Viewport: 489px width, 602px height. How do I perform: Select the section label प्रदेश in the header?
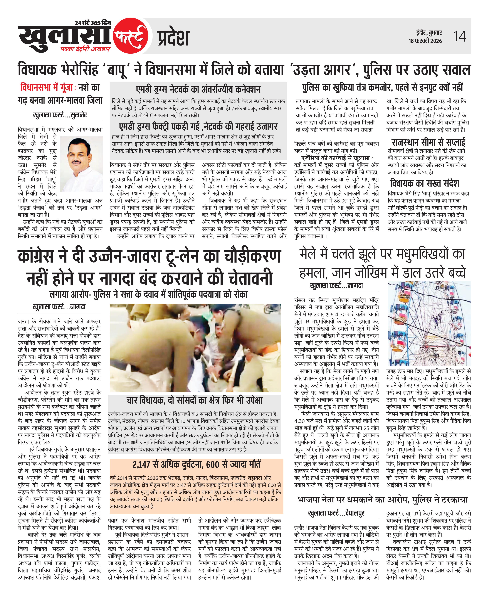pos(173,38)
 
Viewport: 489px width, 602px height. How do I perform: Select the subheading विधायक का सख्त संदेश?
pos(425,184)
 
